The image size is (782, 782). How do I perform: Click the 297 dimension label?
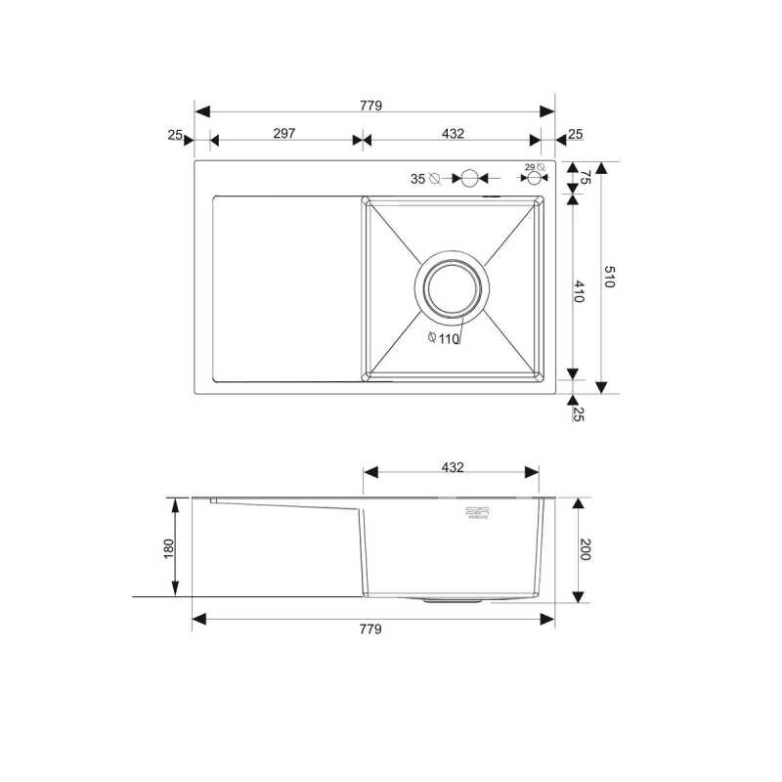click(284, 133)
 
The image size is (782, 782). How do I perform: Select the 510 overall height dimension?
click(609, 277)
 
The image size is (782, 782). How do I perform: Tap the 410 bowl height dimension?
click(579, 291)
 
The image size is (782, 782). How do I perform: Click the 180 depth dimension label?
click(169, 548)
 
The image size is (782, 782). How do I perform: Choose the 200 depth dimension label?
click(585, 549)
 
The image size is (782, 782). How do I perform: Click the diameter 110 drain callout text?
click(444, 338)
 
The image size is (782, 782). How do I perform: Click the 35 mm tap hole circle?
click(469, 178)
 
